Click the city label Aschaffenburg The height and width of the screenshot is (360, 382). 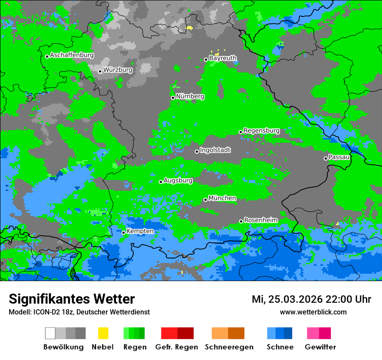tap(72, 56)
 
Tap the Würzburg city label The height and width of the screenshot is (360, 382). tap(118, 70)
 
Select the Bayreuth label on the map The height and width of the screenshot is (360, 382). tap(223, 58)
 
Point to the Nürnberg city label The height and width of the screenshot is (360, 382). tap(190, 96)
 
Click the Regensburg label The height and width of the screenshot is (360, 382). tap(261, 131)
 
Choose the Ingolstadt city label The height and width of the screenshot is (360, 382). tap(215, 150)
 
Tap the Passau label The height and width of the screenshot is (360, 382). tap(339, 157)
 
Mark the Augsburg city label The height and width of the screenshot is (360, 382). tap(178, 180)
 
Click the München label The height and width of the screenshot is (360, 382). tap(222, 198)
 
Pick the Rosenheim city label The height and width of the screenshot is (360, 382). tap(260, 220)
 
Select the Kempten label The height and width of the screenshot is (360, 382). tap(140, 231)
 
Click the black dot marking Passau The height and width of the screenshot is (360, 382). tap(326, 158)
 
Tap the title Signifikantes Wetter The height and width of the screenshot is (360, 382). tap(72, 299)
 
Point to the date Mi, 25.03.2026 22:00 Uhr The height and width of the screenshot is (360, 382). tap(311, 299)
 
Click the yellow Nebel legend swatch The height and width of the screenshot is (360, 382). tap(103, 333)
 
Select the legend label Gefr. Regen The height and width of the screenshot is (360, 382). tap(177, 347)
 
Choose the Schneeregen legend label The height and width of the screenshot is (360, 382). tap(229, 347)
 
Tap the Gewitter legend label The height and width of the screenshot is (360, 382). tap(320, 347)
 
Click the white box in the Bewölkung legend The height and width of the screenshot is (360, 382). tap(50, 333)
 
